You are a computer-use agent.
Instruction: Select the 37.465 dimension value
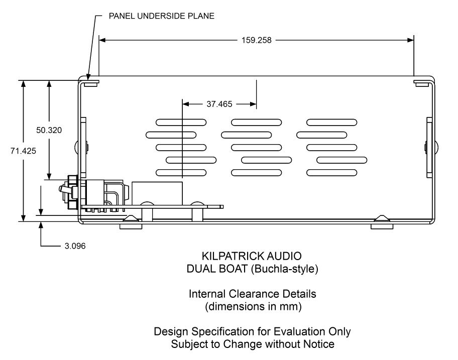tap(219, 104)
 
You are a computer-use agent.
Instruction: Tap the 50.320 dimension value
tap(49, 130)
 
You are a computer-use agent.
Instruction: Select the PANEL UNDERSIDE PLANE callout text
tap(161, 16)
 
